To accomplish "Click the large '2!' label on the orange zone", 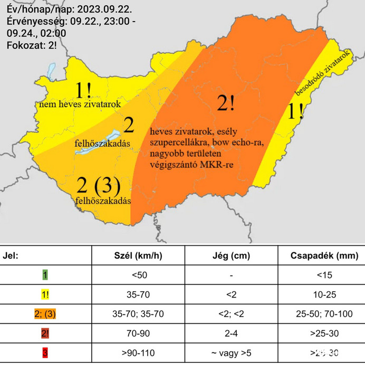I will (226, 103).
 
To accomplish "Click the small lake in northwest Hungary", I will (51, 70).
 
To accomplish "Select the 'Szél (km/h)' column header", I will (138, 256).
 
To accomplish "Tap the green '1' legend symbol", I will (45, 275).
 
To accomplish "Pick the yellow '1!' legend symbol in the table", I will (45, 294).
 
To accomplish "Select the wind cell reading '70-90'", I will (138, 333).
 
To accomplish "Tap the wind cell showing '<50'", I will (138, 275).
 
